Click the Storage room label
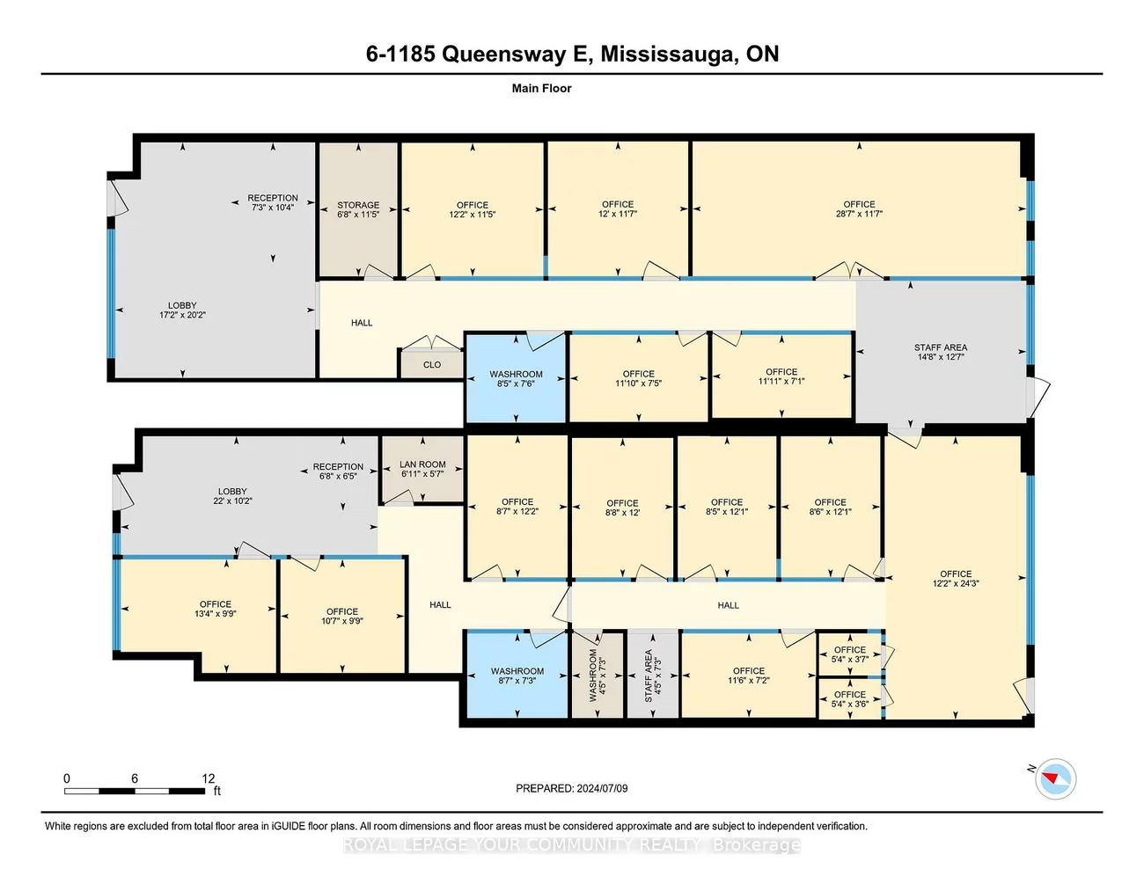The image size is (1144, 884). pyautogui.click(x=358, y=208)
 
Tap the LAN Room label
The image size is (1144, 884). pyautogui.click(x=422, y=469)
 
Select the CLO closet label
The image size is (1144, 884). pyautogui.click(x=432, y=365)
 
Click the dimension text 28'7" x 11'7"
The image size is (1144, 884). pyautogui.click(x=859, y=214)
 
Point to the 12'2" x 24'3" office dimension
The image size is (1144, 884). pyautogui.click(x=956, y=583)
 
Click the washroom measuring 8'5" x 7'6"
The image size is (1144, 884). pyautogui.click(x=516, y=379)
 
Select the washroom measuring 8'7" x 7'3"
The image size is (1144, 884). pyautogui.click(x=517, y=676)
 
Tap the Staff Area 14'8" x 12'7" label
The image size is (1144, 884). pyautogui.click(x=940, y=352)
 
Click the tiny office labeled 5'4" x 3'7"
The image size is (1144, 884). pyautogui.click(x=850, y=654)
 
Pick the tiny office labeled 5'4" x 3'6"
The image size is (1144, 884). pyautogui.click(x=850, y=698)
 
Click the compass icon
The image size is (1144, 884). pyautogui.click(x=1055, y=778)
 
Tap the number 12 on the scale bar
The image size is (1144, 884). pyautogui.click(x=209, y=778)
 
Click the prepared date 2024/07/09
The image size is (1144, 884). pyautogui.click(x=602, y=788)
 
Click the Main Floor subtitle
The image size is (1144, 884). pyautogui.click(x=542, y=88)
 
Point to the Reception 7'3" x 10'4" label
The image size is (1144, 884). pyautogui.click(x=273, y=202)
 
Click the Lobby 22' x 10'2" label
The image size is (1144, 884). pyautogui.click(x=232, y=496)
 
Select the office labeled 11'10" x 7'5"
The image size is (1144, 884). pyautogui.click(x=639, y=378)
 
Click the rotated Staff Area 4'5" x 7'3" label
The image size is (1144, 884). pyautogui.click(x=652, y=676)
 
